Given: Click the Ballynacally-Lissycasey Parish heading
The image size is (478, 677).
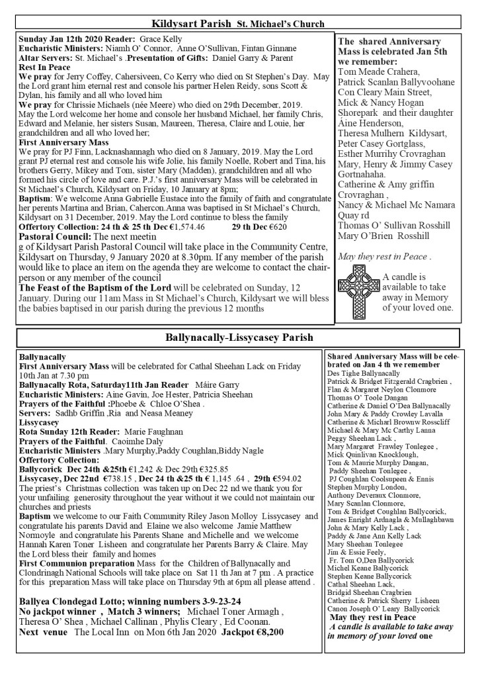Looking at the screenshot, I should [239, 338].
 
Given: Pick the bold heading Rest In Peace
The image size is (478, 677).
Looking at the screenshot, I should [44, 67].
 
